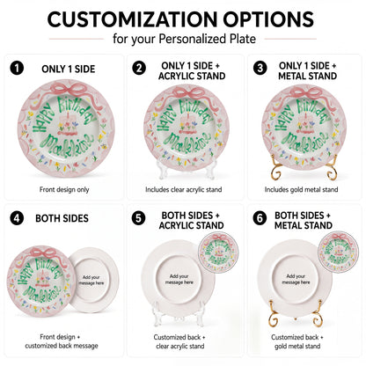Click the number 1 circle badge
(17, 68)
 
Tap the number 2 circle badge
(139, 68)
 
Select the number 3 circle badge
(260, 68)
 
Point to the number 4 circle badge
(17, 218)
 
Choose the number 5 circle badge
(138, 218)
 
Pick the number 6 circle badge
(260, 218)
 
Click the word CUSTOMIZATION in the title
(133, 19)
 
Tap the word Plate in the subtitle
(243, 39)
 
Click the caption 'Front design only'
(64, 189)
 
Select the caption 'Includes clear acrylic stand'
(184, 189)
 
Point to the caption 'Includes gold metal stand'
(301, 189)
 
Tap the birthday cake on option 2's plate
(187, 124)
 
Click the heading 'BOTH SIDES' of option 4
(62, 218)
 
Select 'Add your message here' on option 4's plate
(91, 280)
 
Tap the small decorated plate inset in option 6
(339, 252)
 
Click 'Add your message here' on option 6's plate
(296, 279)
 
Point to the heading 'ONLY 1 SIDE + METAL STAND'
(307, 70)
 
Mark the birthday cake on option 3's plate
(306, 123)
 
